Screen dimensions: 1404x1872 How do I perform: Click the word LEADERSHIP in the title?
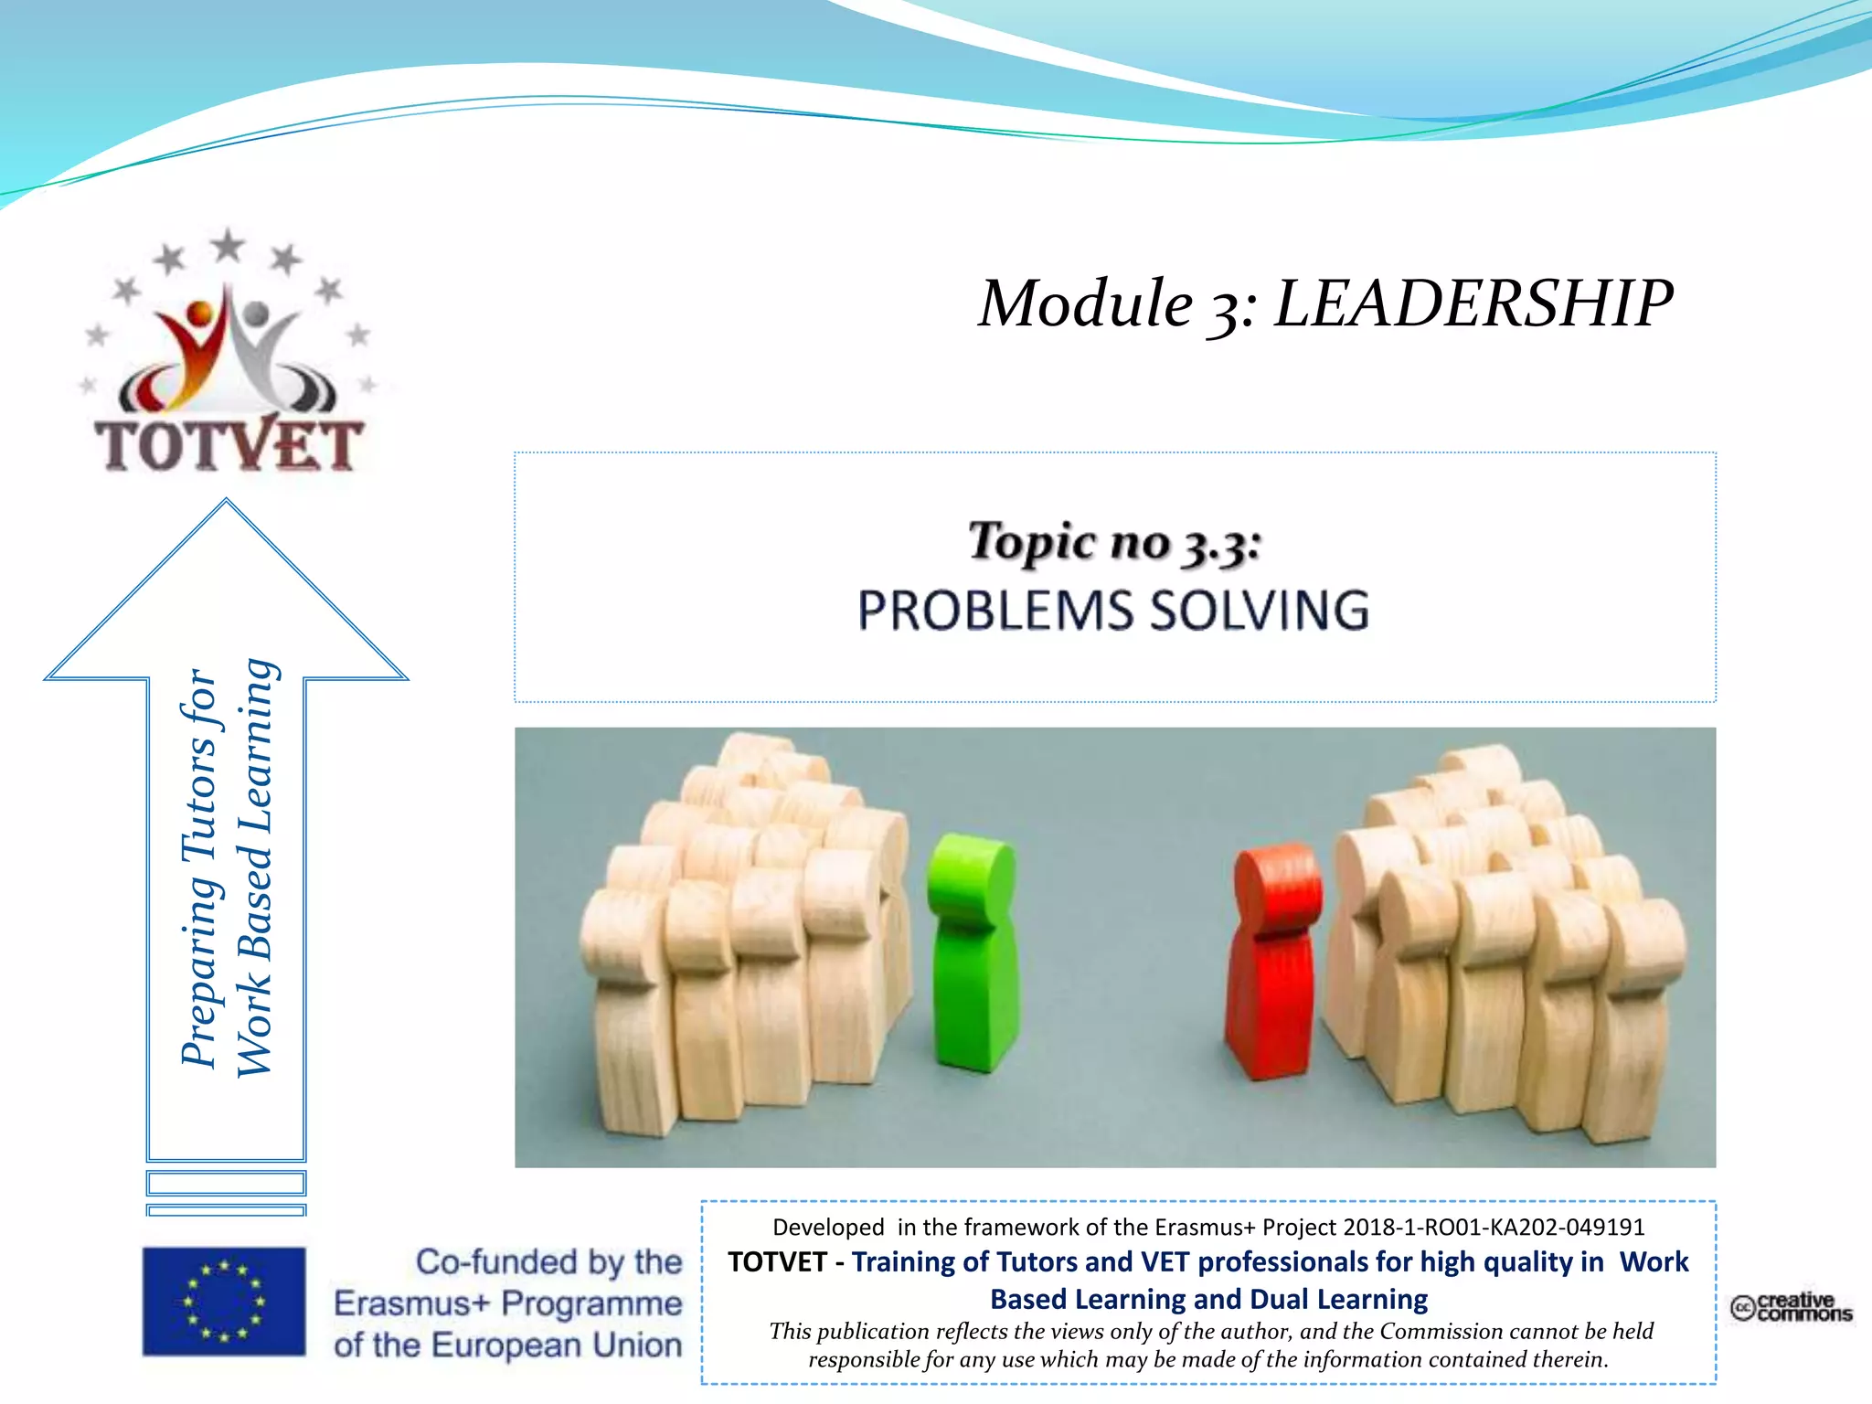point(1473,303)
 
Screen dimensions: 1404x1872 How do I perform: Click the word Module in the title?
point(1085,303)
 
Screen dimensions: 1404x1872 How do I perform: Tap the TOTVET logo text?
point(229,446)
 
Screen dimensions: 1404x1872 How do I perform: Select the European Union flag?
point(224,1301)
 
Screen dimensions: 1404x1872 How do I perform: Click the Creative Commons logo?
point(1791,1307)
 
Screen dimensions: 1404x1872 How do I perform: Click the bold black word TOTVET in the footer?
point(777,1262)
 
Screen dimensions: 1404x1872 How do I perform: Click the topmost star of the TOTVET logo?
point(228,245)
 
